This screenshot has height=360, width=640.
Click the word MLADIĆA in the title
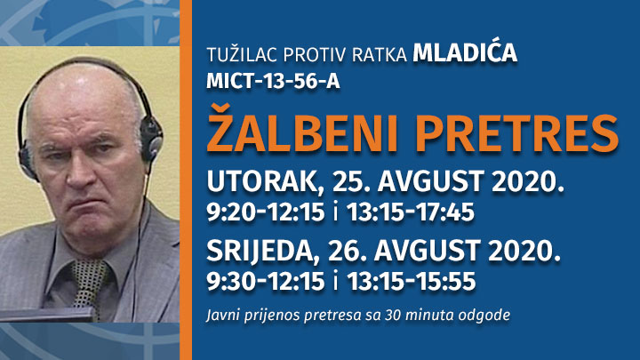tap(465, 52)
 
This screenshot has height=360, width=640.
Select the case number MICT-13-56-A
tap(273, 81)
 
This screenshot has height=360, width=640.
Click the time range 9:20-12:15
tap(266, 212)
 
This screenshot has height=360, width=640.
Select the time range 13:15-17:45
tap(411, 212)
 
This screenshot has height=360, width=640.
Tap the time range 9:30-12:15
tap(266, 281)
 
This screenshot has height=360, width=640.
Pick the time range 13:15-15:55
tap(411, 281)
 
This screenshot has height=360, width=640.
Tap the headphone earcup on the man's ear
tap(150, 135)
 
